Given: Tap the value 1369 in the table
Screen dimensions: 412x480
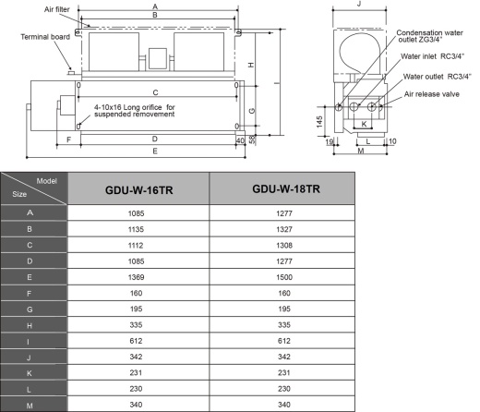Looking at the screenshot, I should coord(140,276).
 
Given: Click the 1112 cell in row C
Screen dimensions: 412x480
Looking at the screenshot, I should coord(140,245).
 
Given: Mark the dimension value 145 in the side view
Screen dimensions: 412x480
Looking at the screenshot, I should coord(318,121).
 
